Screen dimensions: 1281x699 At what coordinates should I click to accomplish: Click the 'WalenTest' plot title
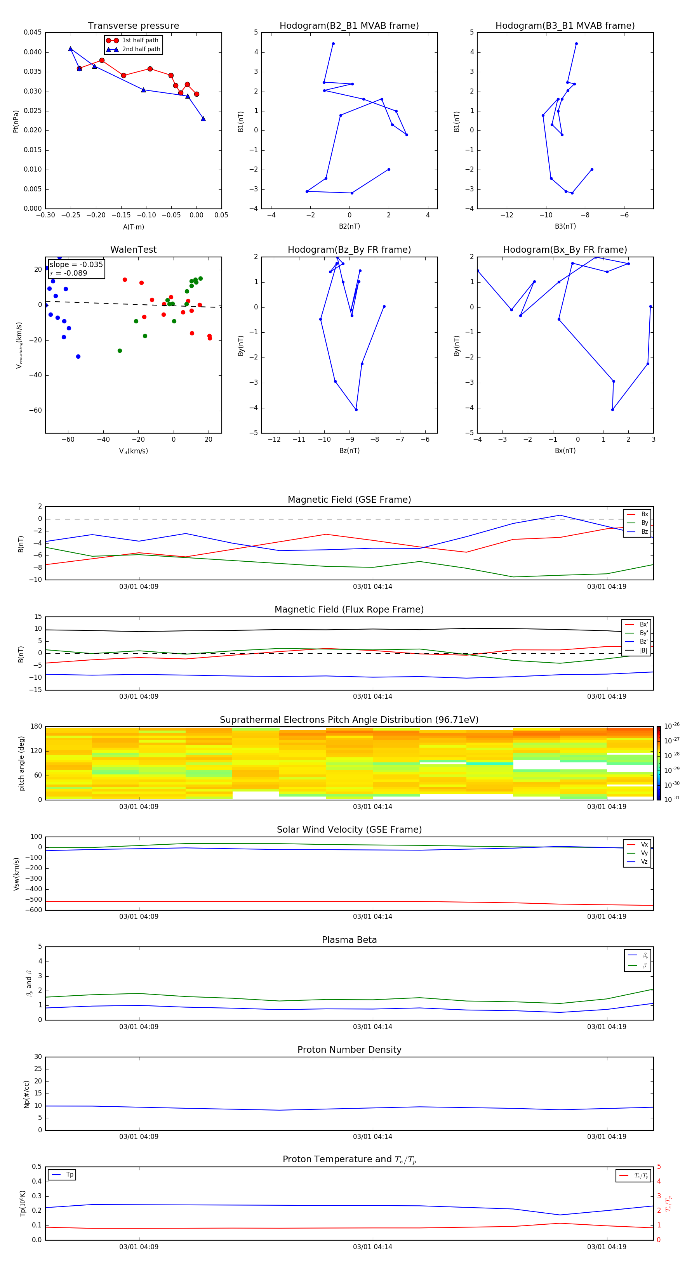(x=133, y=250)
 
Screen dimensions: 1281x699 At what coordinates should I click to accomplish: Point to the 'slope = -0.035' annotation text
(x=76, y=265)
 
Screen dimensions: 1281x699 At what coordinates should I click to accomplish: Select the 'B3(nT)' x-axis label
(x=565, y=226)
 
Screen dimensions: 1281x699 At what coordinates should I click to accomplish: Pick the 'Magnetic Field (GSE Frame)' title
(x=349, y=500)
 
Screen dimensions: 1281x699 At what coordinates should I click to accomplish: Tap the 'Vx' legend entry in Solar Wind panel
(x=644, y=844)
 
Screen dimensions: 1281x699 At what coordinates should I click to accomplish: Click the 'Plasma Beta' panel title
(x=349, y=940)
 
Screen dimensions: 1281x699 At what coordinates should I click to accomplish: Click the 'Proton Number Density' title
(x=349, y=1050)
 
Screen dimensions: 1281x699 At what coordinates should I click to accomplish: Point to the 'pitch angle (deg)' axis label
(x=21, y=763)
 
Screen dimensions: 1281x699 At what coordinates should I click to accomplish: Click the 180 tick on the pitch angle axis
(x=37, y=727)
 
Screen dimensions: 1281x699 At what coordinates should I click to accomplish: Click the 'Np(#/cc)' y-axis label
(x=26, y=1094)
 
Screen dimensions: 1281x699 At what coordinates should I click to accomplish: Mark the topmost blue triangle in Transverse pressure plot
(x=71, y=49)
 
